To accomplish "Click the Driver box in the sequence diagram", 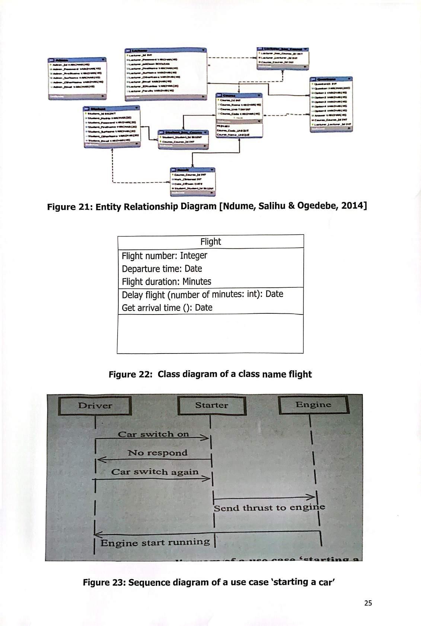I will pos(95,406).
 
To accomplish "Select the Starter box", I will pos(211,405).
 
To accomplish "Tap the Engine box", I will pos(313,404).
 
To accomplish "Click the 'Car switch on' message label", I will pos(153,434).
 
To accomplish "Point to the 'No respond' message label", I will pos(157,453).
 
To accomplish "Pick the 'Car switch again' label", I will pos(155,472).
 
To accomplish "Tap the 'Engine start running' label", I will pos(155,542).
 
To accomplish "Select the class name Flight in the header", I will pos(211,242).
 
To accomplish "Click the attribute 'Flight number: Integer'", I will pos(165,256).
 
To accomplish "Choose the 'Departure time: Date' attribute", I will pos(162,269).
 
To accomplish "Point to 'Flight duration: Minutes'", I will pos(166,282).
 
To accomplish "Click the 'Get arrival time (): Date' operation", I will pos(167,308).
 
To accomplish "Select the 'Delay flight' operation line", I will pos(202,294).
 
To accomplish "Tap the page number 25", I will pos(368,603).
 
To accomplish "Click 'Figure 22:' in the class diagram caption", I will pos(131,374).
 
